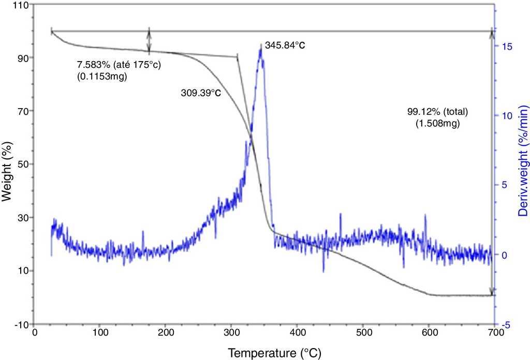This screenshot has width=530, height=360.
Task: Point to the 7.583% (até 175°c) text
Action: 115,66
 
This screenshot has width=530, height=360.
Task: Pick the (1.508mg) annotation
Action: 438,124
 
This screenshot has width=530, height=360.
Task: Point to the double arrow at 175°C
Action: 149,41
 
